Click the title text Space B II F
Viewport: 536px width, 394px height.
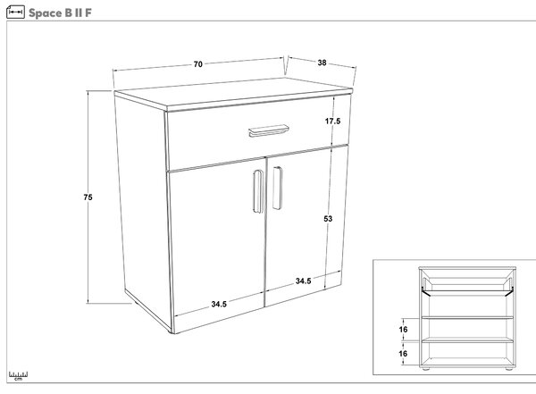[60, 13]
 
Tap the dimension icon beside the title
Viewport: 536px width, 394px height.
[15, 13]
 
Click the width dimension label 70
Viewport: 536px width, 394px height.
[198, 64]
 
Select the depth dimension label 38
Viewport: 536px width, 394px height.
[322, 63]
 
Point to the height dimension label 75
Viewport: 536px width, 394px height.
[88, 197]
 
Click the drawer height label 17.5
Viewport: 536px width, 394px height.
[332, 122]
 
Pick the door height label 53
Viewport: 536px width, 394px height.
[328, 219]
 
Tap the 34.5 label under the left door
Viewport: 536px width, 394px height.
[219, 304]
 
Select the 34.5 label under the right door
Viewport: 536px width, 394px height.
[303, 281]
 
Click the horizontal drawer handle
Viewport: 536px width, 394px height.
[269, 130]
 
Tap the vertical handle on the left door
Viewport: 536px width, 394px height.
[258, 191]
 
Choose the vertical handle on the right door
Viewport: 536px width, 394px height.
[278, 189]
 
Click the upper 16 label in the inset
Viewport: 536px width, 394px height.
[404, 330]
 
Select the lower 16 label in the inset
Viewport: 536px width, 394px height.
[404, 354]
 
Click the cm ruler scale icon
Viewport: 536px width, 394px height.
[18, 375]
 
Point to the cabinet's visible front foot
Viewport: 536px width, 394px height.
[171, 332]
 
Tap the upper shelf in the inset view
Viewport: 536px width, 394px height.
[467, 318]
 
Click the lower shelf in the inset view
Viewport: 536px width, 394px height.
[467, 340]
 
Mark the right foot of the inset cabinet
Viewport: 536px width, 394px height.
[508, 369]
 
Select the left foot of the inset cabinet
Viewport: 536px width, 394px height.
[426, 369]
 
